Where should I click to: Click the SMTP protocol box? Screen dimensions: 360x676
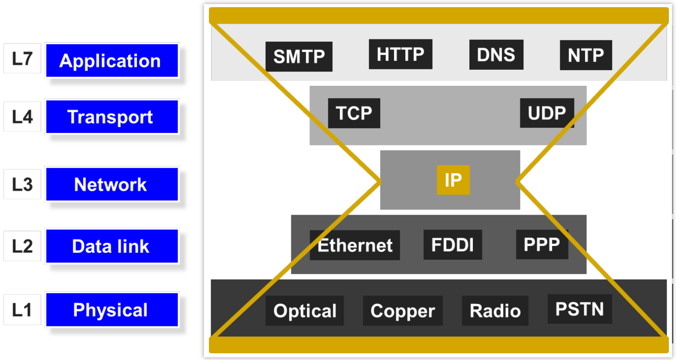(x=299, y=57)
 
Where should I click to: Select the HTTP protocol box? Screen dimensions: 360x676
(x=400, y=54)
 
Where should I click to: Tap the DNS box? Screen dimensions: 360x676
(x=496, y=55)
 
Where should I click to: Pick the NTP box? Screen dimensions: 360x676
(x=586, y=55)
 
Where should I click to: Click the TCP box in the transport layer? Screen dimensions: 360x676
(x=354, y=113)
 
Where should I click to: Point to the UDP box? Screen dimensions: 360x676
(x=547, y=113)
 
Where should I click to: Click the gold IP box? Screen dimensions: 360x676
(x=453, y=180)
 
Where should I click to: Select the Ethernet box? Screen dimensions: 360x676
(x=355, y=245)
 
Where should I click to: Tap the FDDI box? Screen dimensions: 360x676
(x=453, y=245)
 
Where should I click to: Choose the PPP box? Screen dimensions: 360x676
(x=542, y=244)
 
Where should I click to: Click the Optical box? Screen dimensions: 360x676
(x=305, y=310)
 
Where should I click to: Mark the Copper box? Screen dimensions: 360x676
(x=403, y=310)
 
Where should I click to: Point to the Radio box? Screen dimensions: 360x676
(x=495, y=310)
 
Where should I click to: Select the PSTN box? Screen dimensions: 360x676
(x=579, y=309)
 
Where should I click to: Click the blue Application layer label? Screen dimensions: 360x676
(x=112, y=60)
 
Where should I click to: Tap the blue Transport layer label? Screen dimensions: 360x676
(x=112, y=117)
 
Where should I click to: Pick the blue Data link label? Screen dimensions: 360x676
(x=112, y=246)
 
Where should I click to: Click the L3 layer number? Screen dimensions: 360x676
(x=22, y=184)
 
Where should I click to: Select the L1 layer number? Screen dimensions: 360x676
(x=22, y=309)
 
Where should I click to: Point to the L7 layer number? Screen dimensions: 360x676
(x=22, y=58)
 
